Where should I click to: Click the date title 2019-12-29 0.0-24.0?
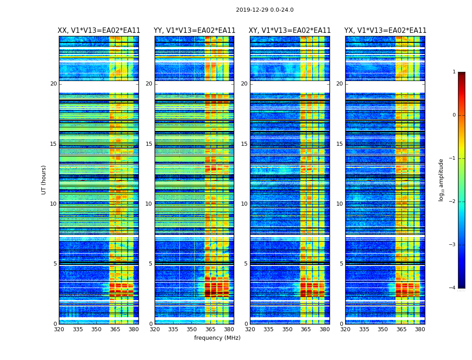pos(265,10)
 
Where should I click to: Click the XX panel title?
pos(99,31)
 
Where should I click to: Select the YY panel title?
pos(194,31)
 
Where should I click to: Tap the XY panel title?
pos(290,31)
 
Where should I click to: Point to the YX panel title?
pos(385,31)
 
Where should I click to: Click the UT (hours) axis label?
pos(44,180)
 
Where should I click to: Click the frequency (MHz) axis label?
pos(217,338)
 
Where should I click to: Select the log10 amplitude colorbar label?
pos(441,180)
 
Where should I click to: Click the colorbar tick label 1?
pos(454,72)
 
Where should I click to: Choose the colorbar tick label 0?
pos(454,115)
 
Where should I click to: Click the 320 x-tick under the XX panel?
pos(59,329)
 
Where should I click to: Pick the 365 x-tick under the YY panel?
pos(210,329)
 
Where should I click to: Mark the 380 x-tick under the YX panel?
pos(420,329)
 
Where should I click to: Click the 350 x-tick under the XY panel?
pos(287,329)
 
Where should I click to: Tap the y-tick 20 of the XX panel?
pos(53,84)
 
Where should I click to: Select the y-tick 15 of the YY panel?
pos(149,144)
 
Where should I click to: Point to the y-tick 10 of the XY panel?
pos(244,204)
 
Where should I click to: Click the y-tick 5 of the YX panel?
pos(341,264)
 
